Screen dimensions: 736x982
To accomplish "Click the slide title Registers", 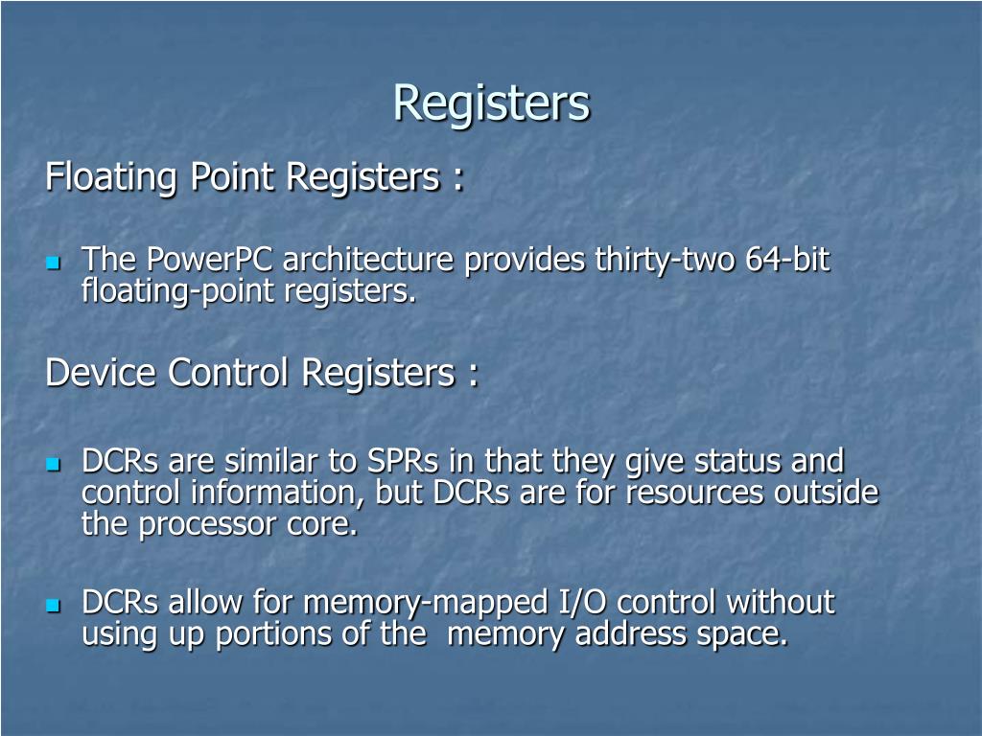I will [491, 103].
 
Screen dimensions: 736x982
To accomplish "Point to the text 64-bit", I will [788, 260].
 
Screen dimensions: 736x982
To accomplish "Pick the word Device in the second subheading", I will [102, 373].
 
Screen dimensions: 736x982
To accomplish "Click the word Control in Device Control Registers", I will [228, 373].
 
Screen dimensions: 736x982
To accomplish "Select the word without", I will [781, 603].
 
